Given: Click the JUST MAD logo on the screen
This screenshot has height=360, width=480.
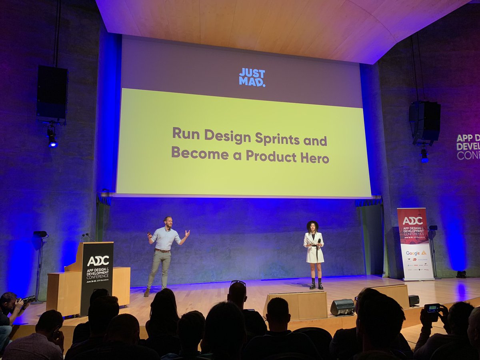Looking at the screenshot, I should [x=252, y=77].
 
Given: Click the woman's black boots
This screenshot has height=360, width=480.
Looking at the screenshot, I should [x=316, y=284].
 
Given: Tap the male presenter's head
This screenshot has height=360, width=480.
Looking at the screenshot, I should [x=168, y=222].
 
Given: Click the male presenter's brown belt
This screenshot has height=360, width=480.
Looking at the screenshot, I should [x=162, y=251].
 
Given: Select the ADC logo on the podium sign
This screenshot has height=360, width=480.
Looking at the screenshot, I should [x=98, y=261].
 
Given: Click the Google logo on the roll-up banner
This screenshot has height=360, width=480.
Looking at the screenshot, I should [x=413, y=253].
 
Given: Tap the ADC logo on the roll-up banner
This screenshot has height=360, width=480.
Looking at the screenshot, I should [x=412, y=220].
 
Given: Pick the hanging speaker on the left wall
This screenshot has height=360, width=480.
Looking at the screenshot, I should [x=52, y=93].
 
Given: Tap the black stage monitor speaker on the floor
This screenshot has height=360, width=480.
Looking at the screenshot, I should [x=342, y=307].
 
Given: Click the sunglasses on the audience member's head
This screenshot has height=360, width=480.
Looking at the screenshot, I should [x=238, y=282].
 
